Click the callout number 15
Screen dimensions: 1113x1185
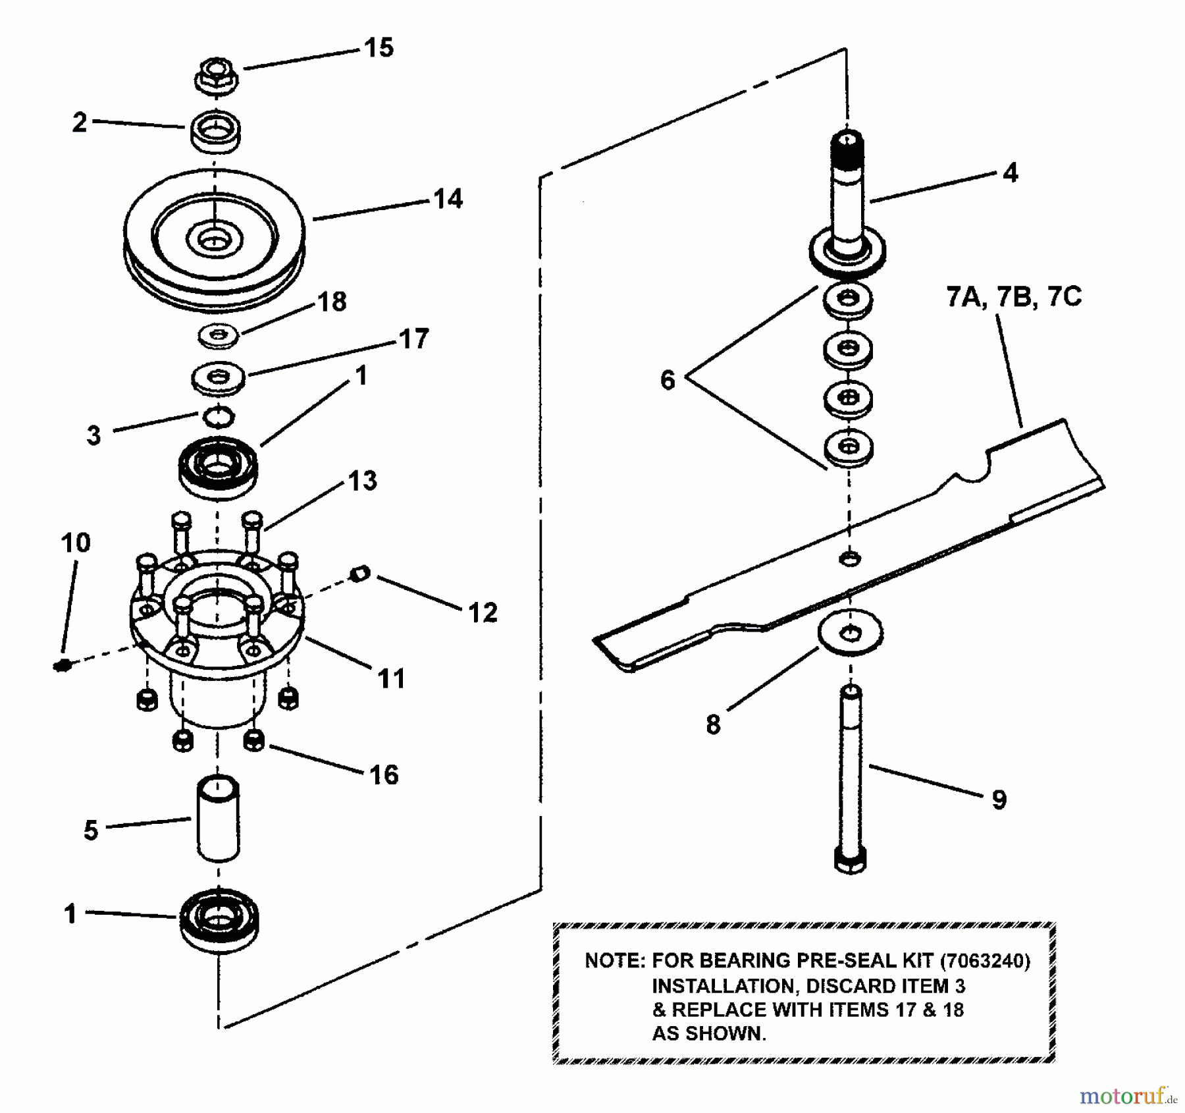[x=379, y=48]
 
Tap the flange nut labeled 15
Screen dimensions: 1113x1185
[x=217, y=75]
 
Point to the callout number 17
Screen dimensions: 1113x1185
[x=414, y=339]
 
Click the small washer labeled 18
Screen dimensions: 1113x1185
[x=219, y=336]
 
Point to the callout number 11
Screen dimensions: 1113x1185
[x=392, y=678]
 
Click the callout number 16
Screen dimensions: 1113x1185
[x=384, y=775]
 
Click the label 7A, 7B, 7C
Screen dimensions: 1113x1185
[x=1014, y=297]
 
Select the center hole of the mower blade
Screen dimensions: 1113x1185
[x=850, y=559]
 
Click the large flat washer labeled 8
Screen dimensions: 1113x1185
[x=851, y=634]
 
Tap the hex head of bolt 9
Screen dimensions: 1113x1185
[x=850, y=859]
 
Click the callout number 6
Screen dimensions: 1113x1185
[x=668, y=380]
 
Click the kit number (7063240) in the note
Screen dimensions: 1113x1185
[x=985, y=961]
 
